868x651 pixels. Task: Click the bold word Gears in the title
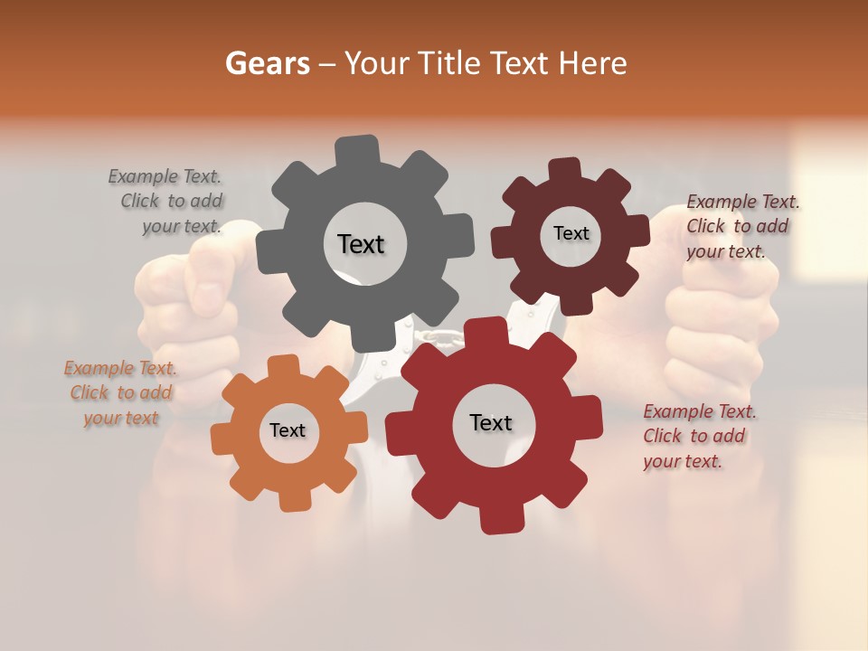tap(267, 63)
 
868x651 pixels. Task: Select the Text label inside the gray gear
tap(361, 244)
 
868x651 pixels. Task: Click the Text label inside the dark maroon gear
tap(571, 233)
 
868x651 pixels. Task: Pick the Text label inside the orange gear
tap(287, 430)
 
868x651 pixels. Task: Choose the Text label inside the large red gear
tap(491, 422)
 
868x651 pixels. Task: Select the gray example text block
tap(167, 201)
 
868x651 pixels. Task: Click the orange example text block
tap(120, 392)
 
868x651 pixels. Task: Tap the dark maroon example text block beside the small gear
tap(741, 226)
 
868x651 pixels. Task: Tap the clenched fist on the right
tap(714, 307)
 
